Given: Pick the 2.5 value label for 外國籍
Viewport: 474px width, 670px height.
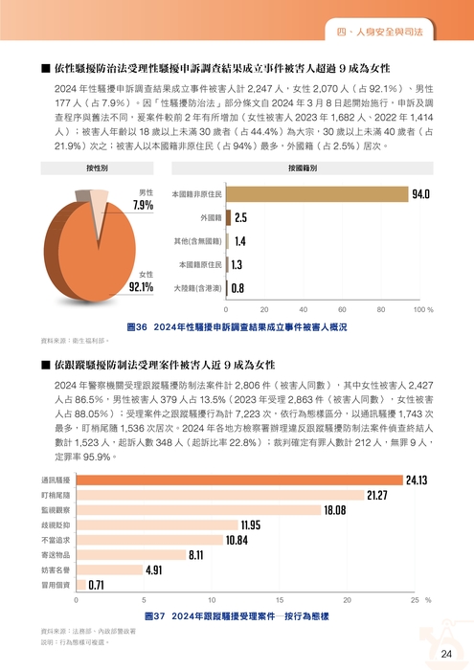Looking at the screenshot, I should (x=240, y=218).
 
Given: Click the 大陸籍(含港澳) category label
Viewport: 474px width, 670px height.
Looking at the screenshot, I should (x=198, y=287).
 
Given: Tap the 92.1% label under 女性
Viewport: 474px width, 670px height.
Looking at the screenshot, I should (x=141, y=286).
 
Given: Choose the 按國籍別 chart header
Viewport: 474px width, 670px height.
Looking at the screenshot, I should (x=302, y=167).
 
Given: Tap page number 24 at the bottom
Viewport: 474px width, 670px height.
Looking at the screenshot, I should (x=446, y=653).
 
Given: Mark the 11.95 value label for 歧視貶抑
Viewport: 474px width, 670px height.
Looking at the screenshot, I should (x=250, y=525).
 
